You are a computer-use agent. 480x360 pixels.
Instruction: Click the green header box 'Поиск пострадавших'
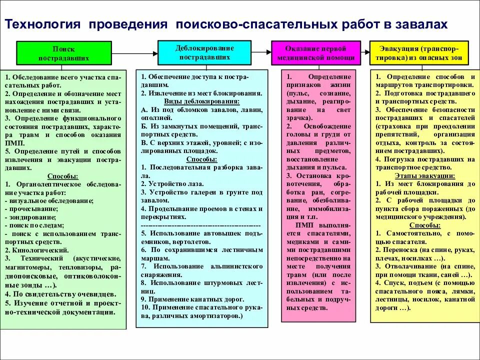point(63,53)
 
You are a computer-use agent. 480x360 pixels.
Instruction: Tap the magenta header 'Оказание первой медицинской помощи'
point(315,53)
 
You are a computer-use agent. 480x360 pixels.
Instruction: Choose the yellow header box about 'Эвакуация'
point(419,53)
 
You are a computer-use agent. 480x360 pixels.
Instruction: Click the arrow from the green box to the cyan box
point(134,52)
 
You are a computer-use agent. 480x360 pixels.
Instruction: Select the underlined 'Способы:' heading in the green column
point(62,176)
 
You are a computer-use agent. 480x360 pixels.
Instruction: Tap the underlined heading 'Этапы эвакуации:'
point(424,175)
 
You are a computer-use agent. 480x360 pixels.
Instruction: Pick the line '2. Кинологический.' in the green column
point(37,250)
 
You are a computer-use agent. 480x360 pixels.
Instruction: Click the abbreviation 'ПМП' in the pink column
point(303,225)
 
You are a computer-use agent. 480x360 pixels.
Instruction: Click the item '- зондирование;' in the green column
point(30,217)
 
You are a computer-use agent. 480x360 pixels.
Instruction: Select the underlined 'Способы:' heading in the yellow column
point(424,225)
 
